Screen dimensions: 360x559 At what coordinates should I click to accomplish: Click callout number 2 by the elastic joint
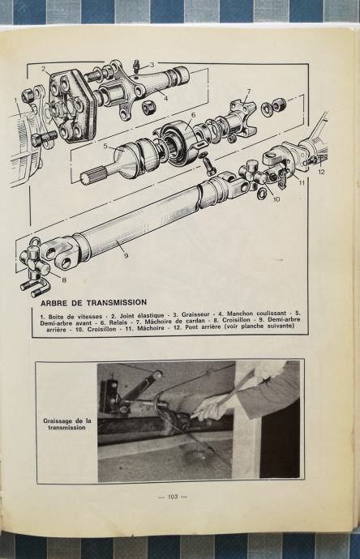tap(44, 69)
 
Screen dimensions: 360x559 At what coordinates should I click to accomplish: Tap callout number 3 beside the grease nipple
tap(152, 65)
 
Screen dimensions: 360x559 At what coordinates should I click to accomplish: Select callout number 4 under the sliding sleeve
tap(165, 98)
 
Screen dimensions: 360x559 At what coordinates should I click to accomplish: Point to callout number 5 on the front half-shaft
tap(105, 146)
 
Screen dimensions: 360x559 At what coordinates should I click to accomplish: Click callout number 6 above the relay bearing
tap(193, 115)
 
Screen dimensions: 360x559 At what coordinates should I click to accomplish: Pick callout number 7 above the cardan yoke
tap(249, 92)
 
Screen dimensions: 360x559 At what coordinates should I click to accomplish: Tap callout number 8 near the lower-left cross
tap(64, 280)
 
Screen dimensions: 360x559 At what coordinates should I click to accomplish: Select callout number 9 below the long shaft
tap(126, 255)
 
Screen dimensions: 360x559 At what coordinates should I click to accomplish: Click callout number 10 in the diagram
tap(276, 199)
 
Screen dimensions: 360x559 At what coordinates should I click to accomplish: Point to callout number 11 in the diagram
tap(302, 183)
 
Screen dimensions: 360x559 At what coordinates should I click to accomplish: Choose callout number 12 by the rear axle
tap(321, 172)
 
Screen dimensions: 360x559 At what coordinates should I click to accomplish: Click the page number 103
tap(173, 497)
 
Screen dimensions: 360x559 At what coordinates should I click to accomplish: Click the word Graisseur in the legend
tap(195, 315)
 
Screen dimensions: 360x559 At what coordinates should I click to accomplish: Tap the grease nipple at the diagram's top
tap(135, 67)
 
